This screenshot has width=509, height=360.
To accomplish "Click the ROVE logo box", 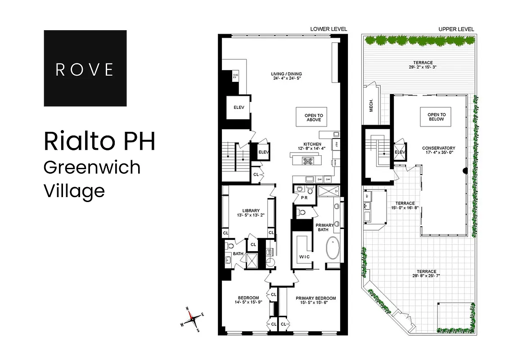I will (85, 68).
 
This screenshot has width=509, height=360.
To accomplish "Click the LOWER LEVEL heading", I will (329, 29).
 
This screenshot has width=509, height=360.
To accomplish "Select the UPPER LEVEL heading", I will (456, 29).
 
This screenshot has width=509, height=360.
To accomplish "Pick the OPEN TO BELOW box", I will (436, 117).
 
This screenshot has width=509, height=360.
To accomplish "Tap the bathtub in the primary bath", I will (333, 247).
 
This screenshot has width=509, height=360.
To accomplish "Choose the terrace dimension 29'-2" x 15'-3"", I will (419, 67).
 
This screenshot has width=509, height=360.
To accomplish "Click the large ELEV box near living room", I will (239, 108).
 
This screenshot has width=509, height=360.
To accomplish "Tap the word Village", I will (74, 191).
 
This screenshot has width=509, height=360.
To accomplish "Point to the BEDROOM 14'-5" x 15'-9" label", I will (248, 301).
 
